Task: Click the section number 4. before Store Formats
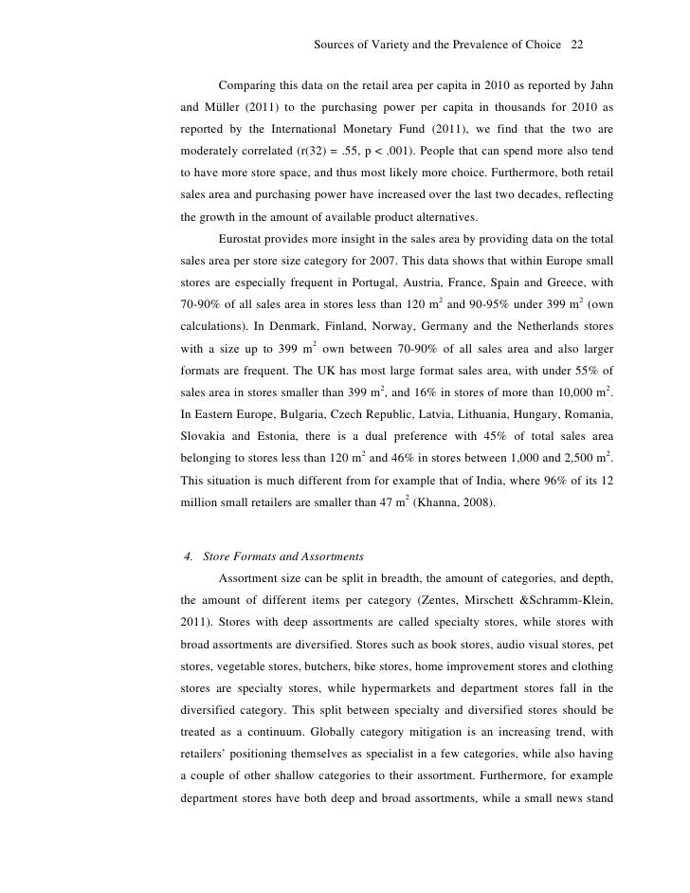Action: pos(188,556)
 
